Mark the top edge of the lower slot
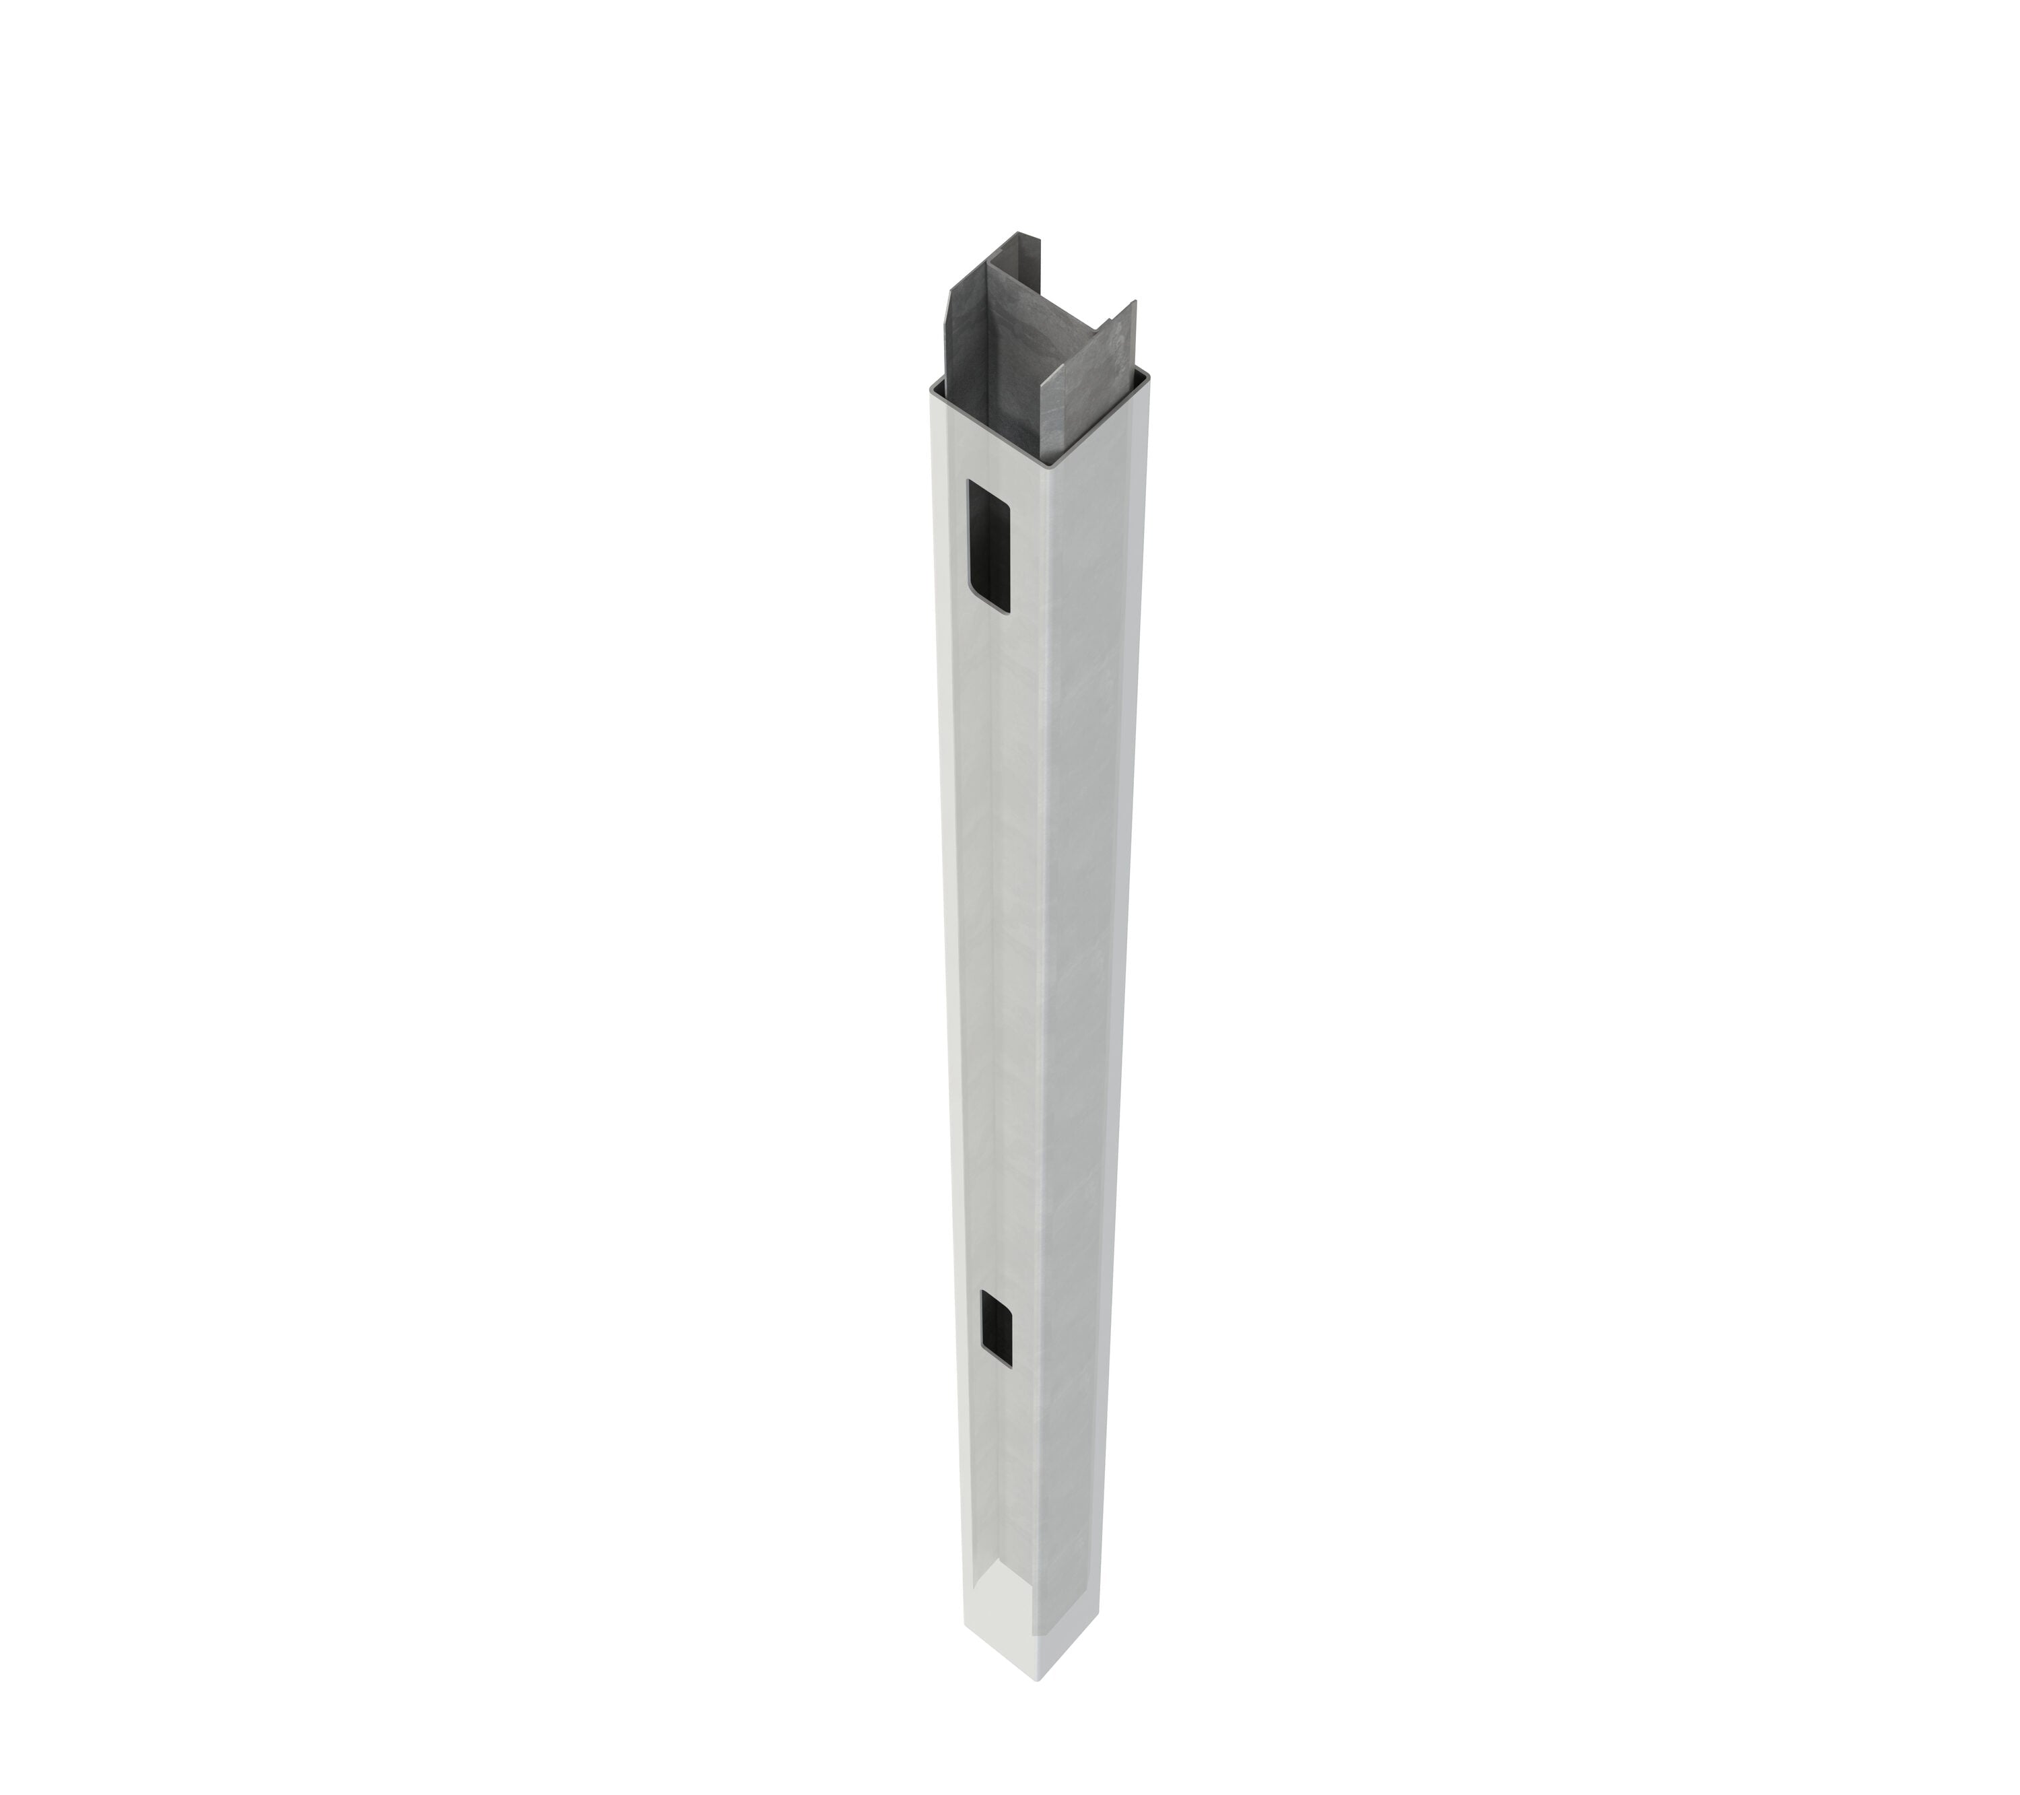tap(996, 1296)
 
